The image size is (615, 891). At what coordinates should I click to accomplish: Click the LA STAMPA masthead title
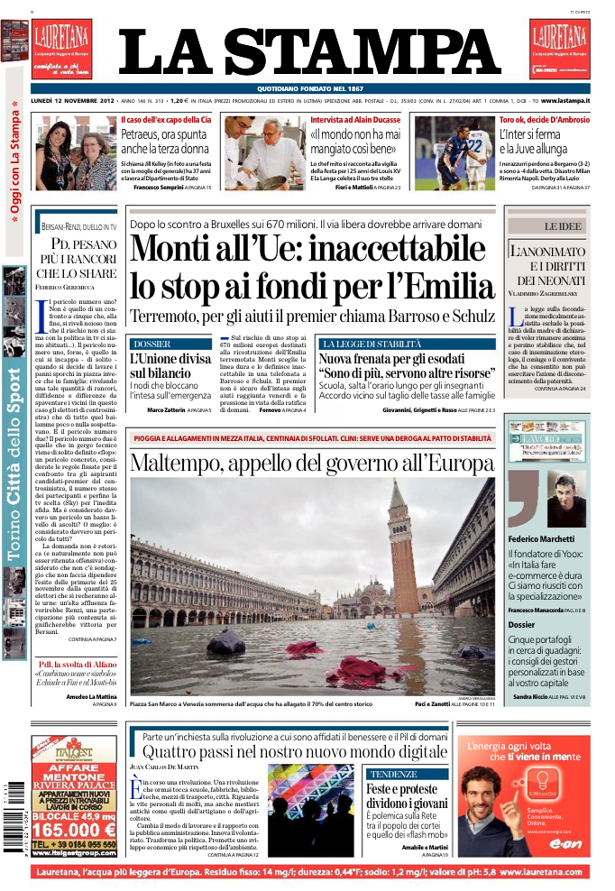click(x=309, y=53)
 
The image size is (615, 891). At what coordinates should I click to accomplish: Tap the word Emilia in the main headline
click(x=447, y=286)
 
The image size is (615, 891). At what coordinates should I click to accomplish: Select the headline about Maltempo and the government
click(x=311, y=464)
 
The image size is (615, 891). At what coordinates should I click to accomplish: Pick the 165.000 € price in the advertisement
click(x=74, y=830)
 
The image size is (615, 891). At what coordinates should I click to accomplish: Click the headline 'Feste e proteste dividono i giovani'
click(x=403, y=796)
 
